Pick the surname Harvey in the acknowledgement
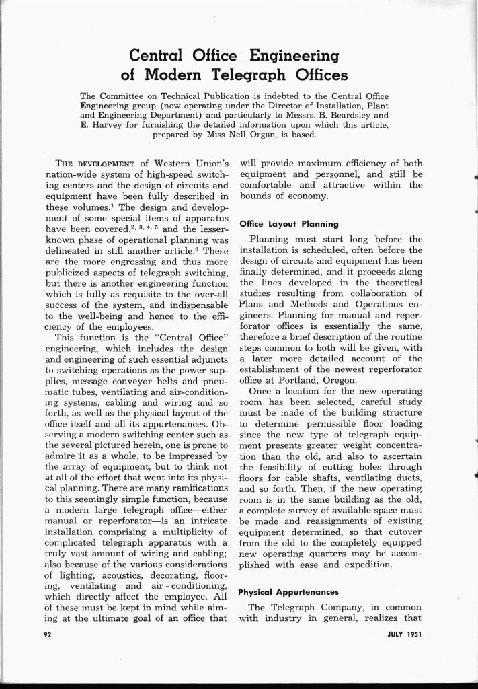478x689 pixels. click(x=106, y=124)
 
